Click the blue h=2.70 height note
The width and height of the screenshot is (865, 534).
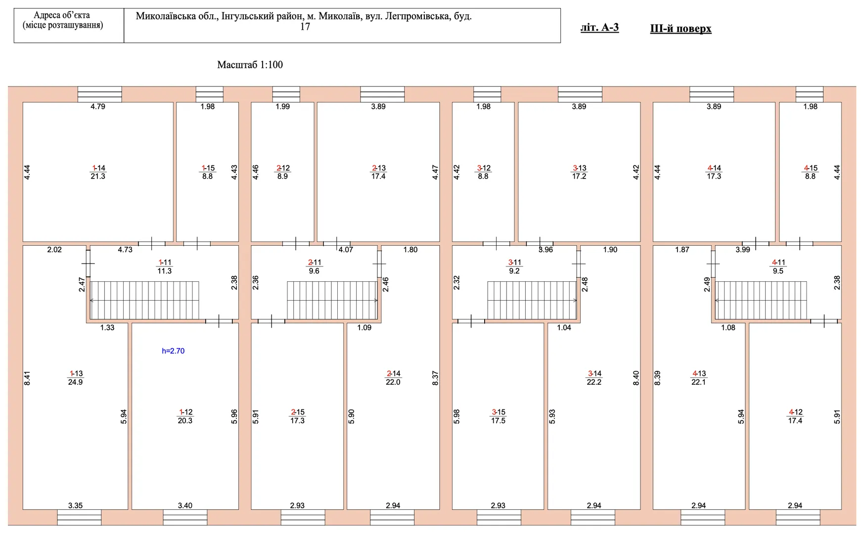[x=173, y=351]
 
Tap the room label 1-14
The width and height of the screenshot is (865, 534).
[x=98, y=168]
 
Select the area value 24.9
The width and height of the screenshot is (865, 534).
[x=75, y=382]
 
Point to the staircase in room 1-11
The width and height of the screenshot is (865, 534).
[x=144, y=300]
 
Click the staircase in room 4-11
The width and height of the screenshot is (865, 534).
[x=761, y=300]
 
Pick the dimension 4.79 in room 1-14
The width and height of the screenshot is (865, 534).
[x=98, y=106]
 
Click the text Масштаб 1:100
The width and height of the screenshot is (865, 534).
[x=250, y=65]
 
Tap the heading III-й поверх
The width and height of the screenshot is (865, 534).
[x=681, y=29]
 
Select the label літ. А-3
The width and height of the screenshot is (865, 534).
[x=599, y=28]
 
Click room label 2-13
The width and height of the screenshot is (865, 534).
[x=379, y=168]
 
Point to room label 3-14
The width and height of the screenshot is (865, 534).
[x=594, y=374]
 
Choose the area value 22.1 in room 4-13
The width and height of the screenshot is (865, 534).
[x=698, y=382]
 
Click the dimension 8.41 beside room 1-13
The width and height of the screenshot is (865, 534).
[x=27, y=378]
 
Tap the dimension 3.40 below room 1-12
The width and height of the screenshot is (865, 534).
[x=185, y=505]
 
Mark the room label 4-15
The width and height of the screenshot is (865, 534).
[x=810, y=168]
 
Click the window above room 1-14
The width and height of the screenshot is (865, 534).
[x=100, y=94]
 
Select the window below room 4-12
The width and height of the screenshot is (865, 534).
[x=798, y=517]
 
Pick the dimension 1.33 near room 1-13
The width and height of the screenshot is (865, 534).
[x=107, y=327]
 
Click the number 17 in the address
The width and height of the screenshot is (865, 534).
[x=305, y=27]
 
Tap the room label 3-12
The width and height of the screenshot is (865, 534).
[x=484, y=168]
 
